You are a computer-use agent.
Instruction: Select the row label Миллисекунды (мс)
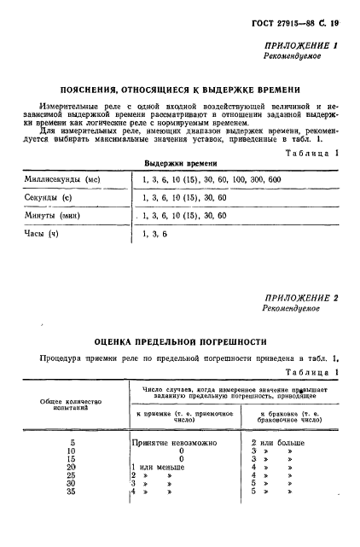tap(61, 180)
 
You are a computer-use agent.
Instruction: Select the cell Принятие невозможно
tap(177, 443)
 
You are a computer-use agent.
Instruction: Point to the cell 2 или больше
tap(279, 443)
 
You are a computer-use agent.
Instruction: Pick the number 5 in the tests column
tap(73, 443)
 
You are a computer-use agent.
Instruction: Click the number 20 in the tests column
tap(71, 468)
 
